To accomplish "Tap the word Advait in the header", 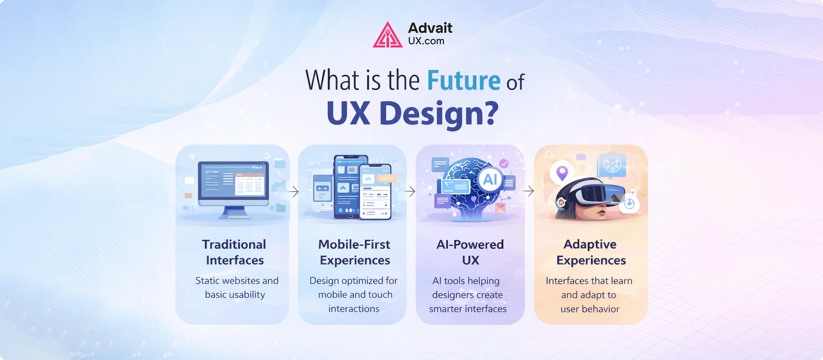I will pyautogui.click(x=430, y=28).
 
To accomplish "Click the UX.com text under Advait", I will pyautogui.click(x=426, y=41).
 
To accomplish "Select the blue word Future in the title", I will pyautogui.click(x=463, y=81).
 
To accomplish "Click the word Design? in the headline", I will pyautogui.click(x=439, y=114).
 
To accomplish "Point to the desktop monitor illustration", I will pyautogui.click(x=233, y=184).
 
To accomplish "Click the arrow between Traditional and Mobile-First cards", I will pyautogui.click(x=294, y=191).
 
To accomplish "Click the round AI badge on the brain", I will pyautogui.click(x=490, y=179).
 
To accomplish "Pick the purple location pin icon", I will pyautogui.click(x=562, y=173).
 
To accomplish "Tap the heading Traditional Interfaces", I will pyautogui.click(x=234, y=252).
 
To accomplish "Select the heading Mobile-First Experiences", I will pyautogui.click(x=354, y=252).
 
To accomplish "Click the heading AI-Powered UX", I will pyautogui.click(x=470, y=252).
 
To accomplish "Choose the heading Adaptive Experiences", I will pyautogui.click(x=591, y=252).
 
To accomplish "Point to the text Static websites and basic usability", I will pyautogui.click(x=236, y=288).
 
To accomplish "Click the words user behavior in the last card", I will pyautogui.click(x=590, y=309).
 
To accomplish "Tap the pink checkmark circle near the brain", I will pyautogui.click(x=504, y=163).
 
